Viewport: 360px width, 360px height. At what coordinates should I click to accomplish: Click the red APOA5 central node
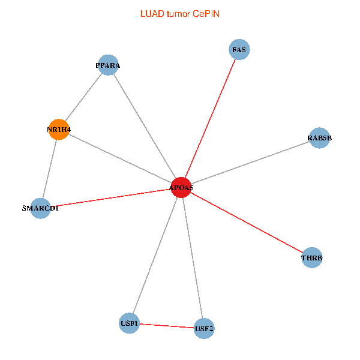click(x=181, y=187)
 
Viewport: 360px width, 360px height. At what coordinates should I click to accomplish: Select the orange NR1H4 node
click(x=58, y=130)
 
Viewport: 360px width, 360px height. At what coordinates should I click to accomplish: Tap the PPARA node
click(x=108, y=65)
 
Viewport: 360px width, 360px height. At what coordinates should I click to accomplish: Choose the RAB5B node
click(x=319, y=138)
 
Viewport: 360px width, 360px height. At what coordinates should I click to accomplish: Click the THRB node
click(x=311, y=258)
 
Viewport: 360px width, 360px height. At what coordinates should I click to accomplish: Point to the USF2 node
click(x=204, y=328)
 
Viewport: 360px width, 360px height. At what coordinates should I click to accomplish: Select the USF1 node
click(x=129, y=323)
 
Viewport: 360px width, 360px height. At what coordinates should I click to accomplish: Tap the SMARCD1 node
click(x=40, y=208)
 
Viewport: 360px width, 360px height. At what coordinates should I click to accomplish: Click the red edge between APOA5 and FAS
click(x=211, y=118)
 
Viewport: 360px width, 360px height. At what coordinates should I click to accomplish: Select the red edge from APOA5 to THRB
click(x=246, y=223)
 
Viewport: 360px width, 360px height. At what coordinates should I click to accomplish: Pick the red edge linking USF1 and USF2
click(x=166, y=326)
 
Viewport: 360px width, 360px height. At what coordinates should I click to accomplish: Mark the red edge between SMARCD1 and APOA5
click(x=111, y=198)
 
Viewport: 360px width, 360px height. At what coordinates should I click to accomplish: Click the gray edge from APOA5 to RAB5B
click(x=250, y=163)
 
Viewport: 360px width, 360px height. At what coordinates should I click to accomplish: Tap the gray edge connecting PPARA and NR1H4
click(x=83, y=97)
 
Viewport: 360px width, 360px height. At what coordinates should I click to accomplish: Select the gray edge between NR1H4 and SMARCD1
click(x=49, y=169)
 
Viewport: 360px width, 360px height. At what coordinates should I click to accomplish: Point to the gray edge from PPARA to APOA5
click(x=145, y=126)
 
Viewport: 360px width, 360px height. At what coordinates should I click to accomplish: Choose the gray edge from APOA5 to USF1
click(x=155, y=255)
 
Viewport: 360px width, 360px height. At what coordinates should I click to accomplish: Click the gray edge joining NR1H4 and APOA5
click(x=120, y=158)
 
